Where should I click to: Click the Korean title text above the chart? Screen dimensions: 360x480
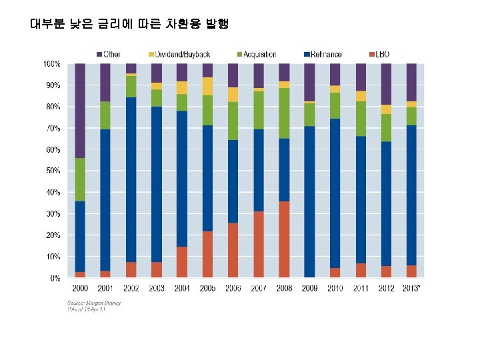point(129,24)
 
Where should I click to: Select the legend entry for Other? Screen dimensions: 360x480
point(109,54)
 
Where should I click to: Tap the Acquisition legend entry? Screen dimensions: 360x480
point(256,54)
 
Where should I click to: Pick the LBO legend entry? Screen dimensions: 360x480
point(381,54)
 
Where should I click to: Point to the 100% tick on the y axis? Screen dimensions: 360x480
point(52,64)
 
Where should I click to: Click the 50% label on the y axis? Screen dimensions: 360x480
point(52,171)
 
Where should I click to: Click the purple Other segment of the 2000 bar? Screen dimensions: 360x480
point(80,110)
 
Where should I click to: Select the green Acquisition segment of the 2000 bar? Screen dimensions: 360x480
point(80,179)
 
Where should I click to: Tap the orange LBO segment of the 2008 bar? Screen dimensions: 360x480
point(284,239)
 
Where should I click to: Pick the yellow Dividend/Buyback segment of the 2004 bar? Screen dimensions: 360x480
point(182,87)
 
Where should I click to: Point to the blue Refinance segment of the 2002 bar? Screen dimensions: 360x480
point(131,179)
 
